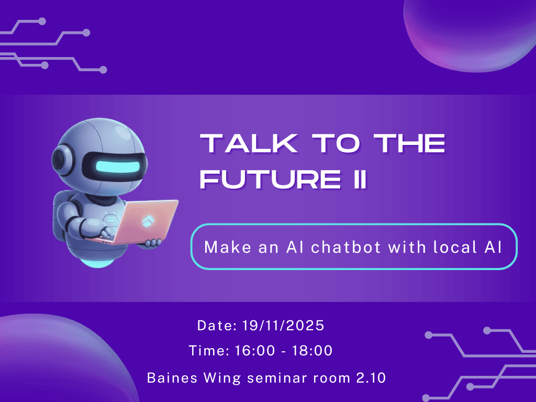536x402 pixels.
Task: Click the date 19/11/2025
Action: pos(284,326)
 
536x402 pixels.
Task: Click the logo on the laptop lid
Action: pos(147,221)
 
